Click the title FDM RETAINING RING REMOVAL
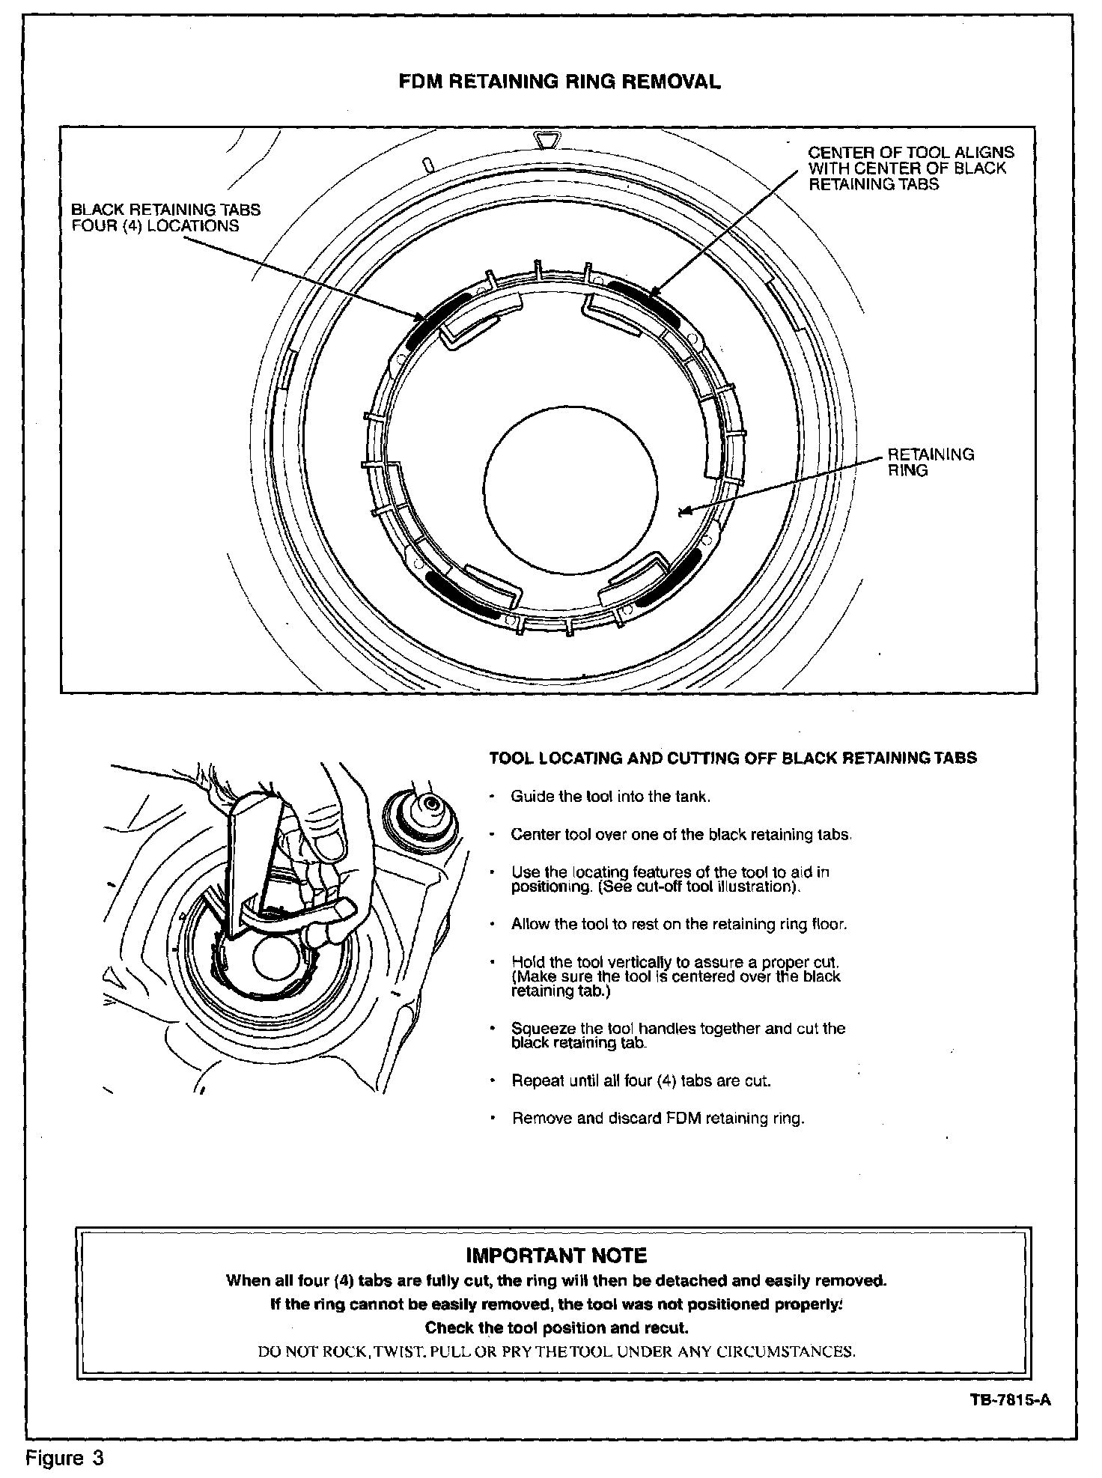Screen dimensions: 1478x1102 559,82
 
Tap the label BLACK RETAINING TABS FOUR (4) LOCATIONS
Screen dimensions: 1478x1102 165,218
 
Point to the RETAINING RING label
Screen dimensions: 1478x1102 930,462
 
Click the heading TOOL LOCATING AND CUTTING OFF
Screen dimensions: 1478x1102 732,758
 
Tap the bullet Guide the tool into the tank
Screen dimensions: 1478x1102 609,796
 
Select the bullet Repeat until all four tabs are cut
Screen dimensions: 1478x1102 640,1080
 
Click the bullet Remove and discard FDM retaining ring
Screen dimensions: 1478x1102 657,1119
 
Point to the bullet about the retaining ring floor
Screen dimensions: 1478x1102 678,924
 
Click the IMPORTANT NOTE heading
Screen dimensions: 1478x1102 555,1256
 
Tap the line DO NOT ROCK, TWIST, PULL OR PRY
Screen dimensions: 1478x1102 555,1351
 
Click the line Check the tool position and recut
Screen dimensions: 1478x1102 555,1328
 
